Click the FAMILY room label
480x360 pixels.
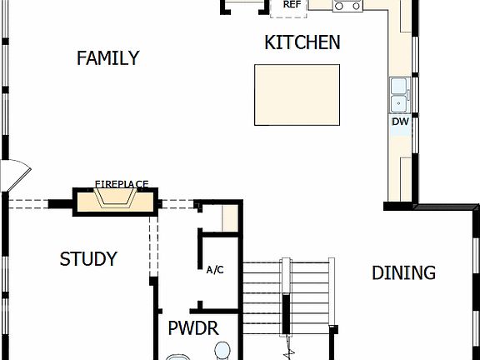pos(107,58)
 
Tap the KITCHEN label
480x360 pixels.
pos(302,42)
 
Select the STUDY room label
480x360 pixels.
pos(88,259)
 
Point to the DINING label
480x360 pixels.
pos(403,272)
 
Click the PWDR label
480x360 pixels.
pos(193,327)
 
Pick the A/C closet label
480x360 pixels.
pos(214,270)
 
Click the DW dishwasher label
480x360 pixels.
pos(400,122)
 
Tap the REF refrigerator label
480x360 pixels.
pos(292,4)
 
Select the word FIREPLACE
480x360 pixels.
pos(121,183)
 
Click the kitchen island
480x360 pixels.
pos(297,95)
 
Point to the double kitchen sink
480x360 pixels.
pos(399,95)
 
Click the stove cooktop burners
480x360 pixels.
pos(347,5)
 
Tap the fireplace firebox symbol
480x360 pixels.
pos(116,199)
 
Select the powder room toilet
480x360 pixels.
pos(222,350)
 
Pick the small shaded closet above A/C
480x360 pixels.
pos(230,218)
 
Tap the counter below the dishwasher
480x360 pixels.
pos(400,167)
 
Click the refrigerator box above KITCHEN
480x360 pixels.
pos(291,7)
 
